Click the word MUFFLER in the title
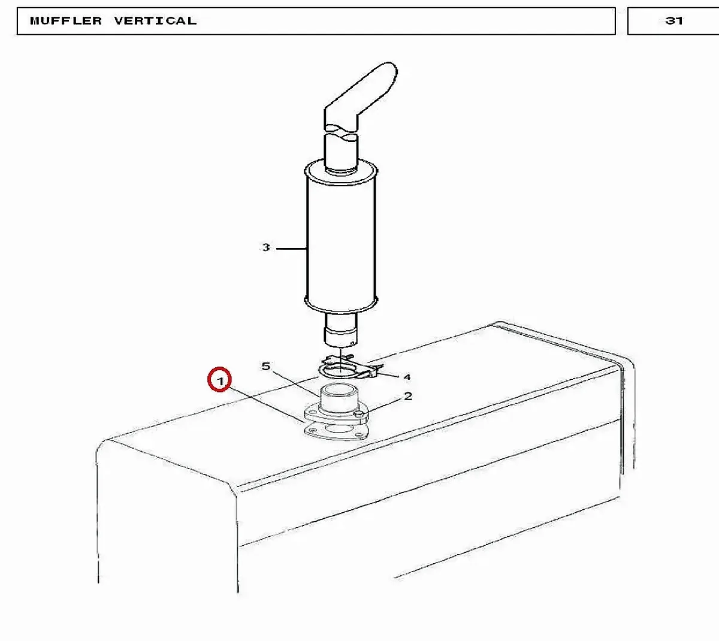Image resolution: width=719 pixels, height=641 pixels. [66, 20]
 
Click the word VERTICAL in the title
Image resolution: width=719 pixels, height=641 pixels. [155, 20]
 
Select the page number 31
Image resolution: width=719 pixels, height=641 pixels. [674, 20]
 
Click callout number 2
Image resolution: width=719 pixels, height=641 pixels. [408, 396]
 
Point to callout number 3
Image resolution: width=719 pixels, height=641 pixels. [266, 247]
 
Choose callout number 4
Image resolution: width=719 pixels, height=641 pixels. [407, 377]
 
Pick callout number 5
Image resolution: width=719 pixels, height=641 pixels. [266, 366]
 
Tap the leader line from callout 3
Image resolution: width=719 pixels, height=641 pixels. [291, 249]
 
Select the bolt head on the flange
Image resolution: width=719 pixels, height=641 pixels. [359, 413]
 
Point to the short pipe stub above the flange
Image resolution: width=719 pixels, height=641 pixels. [338, 398]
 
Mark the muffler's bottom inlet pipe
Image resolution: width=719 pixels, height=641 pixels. [341, 329]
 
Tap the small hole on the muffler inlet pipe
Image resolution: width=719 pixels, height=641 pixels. [352, 343]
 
